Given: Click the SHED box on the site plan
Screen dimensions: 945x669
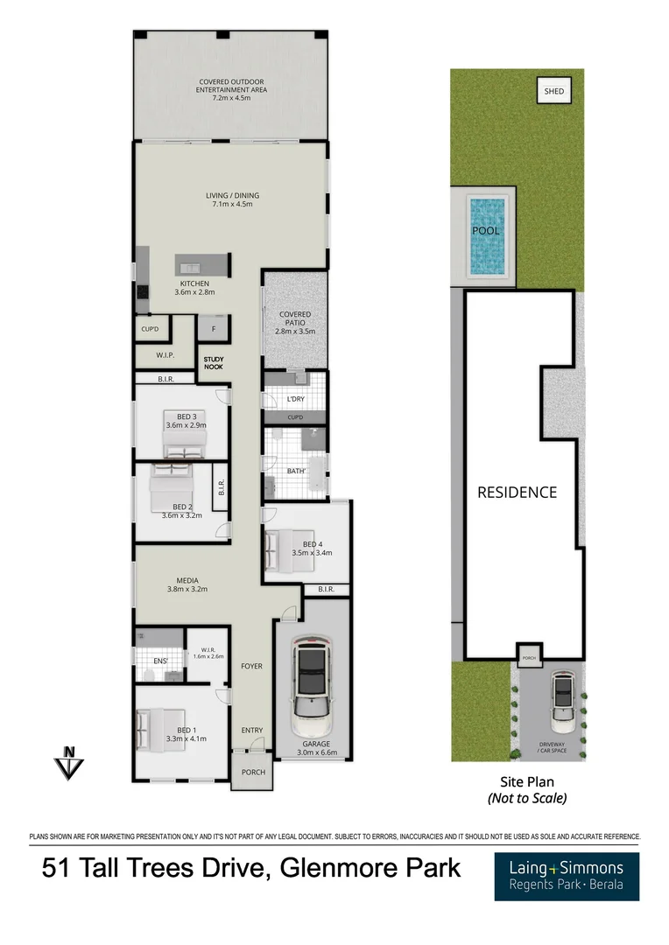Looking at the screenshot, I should (554, 91).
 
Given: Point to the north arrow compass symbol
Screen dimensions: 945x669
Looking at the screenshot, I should (67, 762).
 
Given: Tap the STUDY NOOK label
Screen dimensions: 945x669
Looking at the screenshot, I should (214, 362).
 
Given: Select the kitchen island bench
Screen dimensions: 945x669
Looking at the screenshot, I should (202, 264).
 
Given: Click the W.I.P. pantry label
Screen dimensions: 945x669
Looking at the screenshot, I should (165, 356).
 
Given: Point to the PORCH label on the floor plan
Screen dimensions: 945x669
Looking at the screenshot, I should (253, 772).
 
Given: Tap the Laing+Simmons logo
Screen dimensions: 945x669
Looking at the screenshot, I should (566, 876).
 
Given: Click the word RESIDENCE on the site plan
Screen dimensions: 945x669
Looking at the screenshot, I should (517, 493).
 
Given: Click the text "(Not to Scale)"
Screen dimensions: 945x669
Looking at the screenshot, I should (527, 798).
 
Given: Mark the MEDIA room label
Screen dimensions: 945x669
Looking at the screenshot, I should (187, 584).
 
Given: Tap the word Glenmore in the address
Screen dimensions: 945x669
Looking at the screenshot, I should (333, 869).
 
